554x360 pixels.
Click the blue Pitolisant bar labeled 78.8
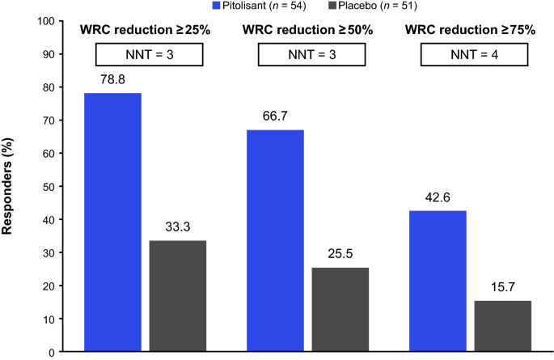pos(113,222)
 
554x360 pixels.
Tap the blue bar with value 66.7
pos(276,241)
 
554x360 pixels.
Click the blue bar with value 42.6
pos(438,281)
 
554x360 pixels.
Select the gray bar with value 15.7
pos(502,326)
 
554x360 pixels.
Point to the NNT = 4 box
pos(474,53)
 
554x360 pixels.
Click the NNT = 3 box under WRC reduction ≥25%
pos(150,53)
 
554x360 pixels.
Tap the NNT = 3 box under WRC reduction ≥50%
pos(311,53)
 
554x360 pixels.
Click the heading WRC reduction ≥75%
pos(474,31)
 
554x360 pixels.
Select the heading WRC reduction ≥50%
pos(311,31)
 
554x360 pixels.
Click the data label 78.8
pos(113,80)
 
